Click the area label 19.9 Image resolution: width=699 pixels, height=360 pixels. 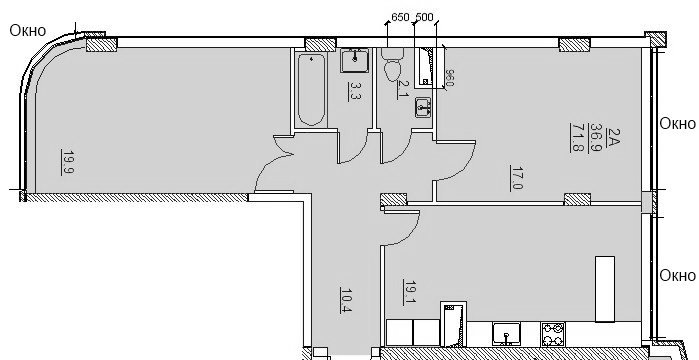pos(68,163)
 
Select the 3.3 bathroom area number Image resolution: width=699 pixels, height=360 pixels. pos(355,91)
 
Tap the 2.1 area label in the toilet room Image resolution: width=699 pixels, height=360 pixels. pos(403,89)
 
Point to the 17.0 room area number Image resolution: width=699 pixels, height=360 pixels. pos(517,178)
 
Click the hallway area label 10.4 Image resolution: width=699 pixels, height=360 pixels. pos(346,300)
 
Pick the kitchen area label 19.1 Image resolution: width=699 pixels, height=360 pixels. pos(409,292)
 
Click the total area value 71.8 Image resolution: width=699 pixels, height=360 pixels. pos(576,138)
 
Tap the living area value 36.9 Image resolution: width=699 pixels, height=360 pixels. pos(596,138)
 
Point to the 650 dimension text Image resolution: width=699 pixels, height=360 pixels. pos(400,17)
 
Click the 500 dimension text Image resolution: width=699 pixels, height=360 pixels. pos(424,17)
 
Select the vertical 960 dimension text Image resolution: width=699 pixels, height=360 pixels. pos(449,78)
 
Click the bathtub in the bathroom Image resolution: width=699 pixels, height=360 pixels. pos(311,90)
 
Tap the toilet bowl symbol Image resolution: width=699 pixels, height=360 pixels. pos(392,65)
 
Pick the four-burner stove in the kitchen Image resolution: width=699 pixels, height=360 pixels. pos(553,335)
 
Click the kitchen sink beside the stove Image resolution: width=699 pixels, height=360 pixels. pos(506,334)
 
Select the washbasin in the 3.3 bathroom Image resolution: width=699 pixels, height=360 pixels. pos(355,61)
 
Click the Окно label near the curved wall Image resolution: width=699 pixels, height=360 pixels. pos(28,31)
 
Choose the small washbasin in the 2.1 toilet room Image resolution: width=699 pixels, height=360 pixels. pos(423,107)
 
